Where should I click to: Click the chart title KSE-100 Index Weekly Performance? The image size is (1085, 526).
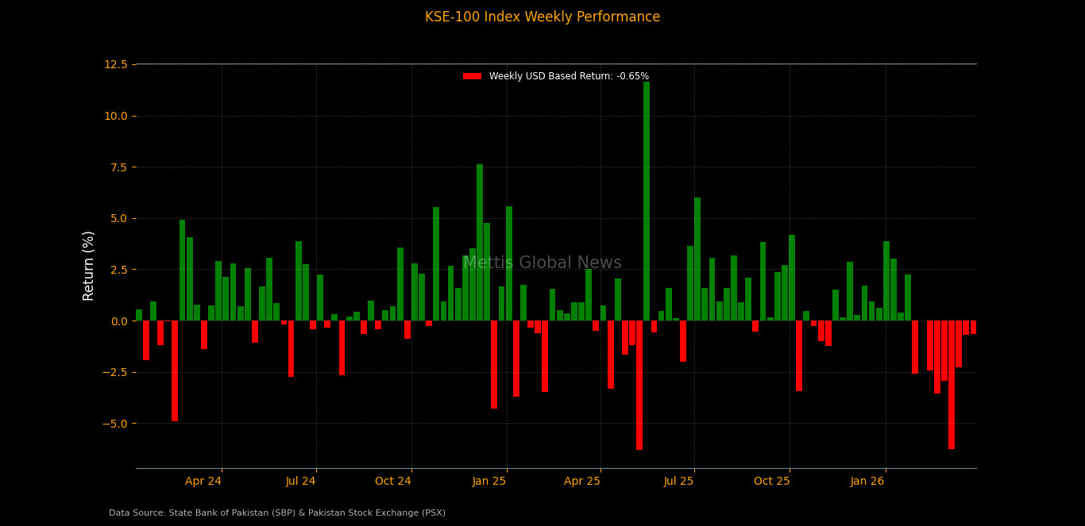[542, 17]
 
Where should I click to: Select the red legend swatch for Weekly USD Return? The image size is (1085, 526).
[472, 76]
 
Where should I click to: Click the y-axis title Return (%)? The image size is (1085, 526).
[89, 266]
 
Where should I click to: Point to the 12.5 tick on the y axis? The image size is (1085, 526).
[115, 64]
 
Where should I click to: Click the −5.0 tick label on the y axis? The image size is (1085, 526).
[113, 424]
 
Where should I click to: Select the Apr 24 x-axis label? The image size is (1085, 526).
[203, 481]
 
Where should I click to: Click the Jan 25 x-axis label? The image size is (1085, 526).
[489, 481]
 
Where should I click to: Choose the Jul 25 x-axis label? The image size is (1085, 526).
[679, 481]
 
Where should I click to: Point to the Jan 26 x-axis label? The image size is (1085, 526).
[867, 481]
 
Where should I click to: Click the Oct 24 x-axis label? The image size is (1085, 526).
[393, 481]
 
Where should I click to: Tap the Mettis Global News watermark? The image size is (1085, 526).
[542, 263]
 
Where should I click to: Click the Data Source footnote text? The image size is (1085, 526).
[277, 513]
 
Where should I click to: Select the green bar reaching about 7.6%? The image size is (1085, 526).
[480, 242]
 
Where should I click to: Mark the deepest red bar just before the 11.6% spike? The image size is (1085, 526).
[639, 385]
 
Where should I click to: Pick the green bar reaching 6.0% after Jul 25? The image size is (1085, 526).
[697, 259]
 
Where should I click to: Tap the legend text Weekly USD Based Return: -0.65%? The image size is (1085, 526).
[569, 76]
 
